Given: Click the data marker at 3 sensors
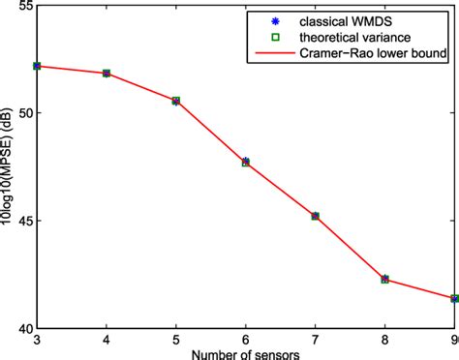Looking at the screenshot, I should (x=37, y=66).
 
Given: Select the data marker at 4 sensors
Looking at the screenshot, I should (x=107, y=74).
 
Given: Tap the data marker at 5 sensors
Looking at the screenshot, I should (x=176, y=101).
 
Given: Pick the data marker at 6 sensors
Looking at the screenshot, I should (x=246, y=162).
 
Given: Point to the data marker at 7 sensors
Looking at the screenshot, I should (x=316, y=216).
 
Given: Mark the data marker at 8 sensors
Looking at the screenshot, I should (x=385, y=279).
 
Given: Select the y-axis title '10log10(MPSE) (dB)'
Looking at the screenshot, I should (x=8, y=166).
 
